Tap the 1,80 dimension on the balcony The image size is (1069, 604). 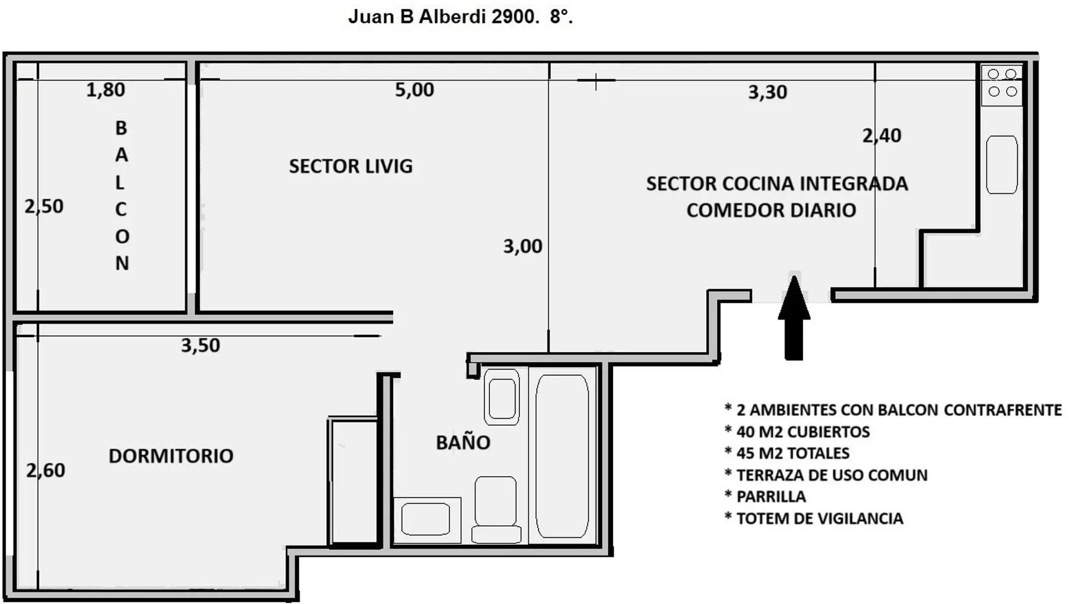(106, 90)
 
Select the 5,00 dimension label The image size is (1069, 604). (414, 90)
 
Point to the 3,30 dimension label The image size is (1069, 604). (768, 92)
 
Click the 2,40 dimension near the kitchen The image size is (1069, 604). (882, 135)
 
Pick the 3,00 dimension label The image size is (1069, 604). (523, 246)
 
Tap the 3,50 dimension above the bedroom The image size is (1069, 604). (200, 345)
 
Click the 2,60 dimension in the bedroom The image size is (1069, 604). (46, 470)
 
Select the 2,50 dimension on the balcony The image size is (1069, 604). (44, 207)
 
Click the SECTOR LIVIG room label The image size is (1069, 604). (351, 166)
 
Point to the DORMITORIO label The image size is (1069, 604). (171, 456)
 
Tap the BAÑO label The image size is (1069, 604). (463, 442)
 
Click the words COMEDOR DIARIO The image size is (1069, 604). (771, 210)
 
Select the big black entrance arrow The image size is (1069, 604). (794, 317)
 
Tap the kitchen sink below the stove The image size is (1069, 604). (1002, 165)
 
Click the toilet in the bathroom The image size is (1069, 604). (496, 509)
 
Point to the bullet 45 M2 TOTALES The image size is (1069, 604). (787, 453)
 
